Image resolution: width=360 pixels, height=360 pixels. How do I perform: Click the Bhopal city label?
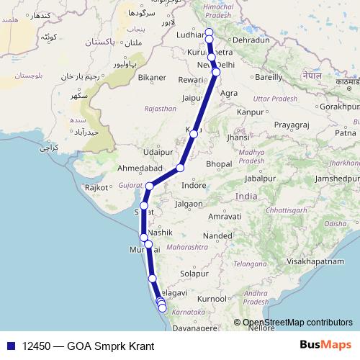(x=218, y=164)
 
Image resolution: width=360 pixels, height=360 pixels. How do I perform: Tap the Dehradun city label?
(x=251, y=41)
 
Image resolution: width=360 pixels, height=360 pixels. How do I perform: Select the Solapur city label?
(x=194, y=274)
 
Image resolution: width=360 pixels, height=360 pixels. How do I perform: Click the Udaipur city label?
(x=158, y=153)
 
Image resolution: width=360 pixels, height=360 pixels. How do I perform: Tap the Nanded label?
(x=217, y=235)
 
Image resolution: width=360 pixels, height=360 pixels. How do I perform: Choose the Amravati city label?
(x=223, y=216)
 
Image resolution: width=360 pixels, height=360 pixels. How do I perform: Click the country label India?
(x=246, y=197)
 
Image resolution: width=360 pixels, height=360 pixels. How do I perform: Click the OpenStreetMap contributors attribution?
(x=297, y=323)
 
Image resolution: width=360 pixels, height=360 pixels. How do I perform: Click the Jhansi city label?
(x=239, y=137)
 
